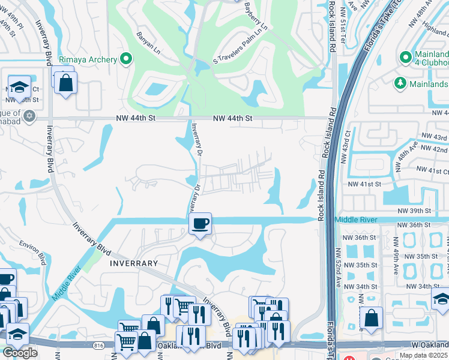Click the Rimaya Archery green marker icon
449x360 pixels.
(126, 59)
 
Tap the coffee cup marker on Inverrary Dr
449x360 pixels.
(200, 224)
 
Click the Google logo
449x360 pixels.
(20, 352)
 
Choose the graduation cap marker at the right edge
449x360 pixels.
(441, 298)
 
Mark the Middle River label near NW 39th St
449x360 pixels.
(356, 220)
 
